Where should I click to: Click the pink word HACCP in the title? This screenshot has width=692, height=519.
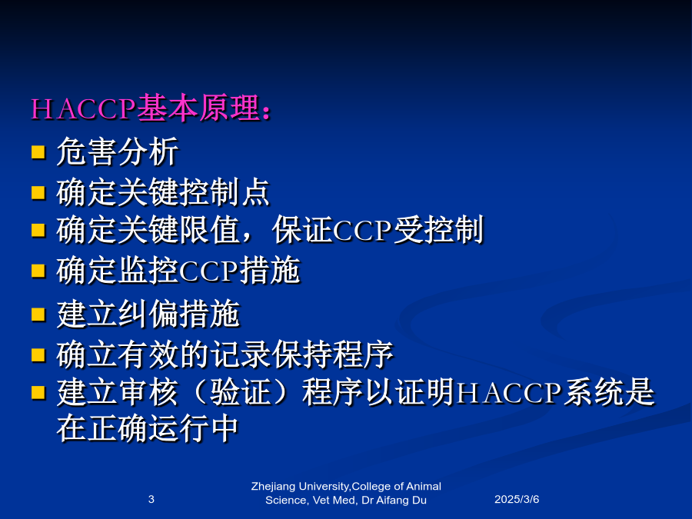[83, 108]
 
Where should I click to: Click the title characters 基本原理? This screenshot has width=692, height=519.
[198, 108]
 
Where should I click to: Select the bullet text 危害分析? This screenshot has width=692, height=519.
[118, 151]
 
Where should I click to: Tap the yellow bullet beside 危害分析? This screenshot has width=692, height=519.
[38, 151]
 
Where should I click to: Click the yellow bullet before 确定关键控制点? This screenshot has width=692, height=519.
[38, 192]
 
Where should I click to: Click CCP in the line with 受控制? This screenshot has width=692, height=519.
[363, 231]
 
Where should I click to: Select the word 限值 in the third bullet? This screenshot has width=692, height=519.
[210, 230]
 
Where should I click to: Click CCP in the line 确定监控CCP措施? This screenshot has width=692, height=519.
[208, 271]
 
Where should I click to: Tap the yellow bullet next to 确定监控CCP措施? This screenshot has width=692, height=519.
[38, 271]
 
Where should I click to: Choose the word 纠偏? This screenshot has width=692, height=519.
[148, 314]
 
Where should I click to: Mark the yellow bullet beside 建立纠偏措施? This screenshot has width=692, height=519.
[38, 314]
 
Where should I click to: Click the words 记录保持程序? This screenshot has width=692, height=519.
[302, 354]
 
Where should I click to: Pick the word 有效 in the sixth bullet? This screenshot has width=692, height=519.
[148, 354]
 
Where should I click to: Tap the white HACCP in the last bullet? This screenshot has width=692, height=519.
[508, 393]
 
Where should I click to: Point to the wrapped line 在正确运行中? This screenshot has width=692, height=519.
[148, 428]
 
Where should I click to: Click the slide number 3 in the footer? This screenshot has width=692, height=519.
[151, 499]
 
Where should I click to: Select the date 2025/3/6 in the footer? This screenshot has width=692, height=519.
[517, 499]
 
